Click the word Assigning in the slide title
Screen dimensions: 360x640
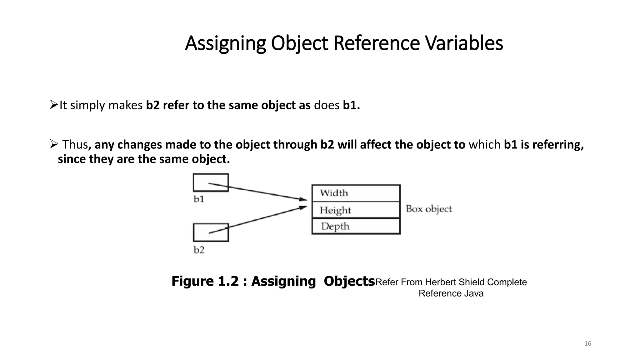225,44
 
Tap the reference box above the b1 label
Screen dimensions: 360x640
211,182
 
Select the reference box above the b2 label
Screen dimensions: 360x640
211,232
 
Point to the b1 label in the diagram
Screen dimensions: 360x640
199,199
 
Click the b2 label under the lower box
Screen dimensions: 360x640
199,250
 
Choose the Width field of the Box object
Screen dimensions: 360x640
356,193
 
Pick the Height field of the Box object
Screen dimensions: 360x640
356,210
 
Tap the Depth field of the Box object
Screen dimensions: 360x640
356,226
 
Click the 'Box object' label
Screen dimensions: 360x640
429,209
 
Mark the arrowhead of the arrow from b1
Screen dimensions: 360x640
303,199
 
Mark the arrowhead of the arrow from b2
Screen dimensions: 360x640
303,207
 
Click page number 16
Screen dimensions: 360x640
587,344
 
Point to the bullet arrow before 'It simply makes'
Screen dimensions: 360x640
54,105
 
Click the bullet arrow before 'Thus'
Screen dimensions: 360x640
54,144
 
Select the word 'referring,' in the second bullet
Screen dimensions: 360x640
558,145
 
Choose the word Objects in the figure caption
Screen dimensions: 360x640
349,281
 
